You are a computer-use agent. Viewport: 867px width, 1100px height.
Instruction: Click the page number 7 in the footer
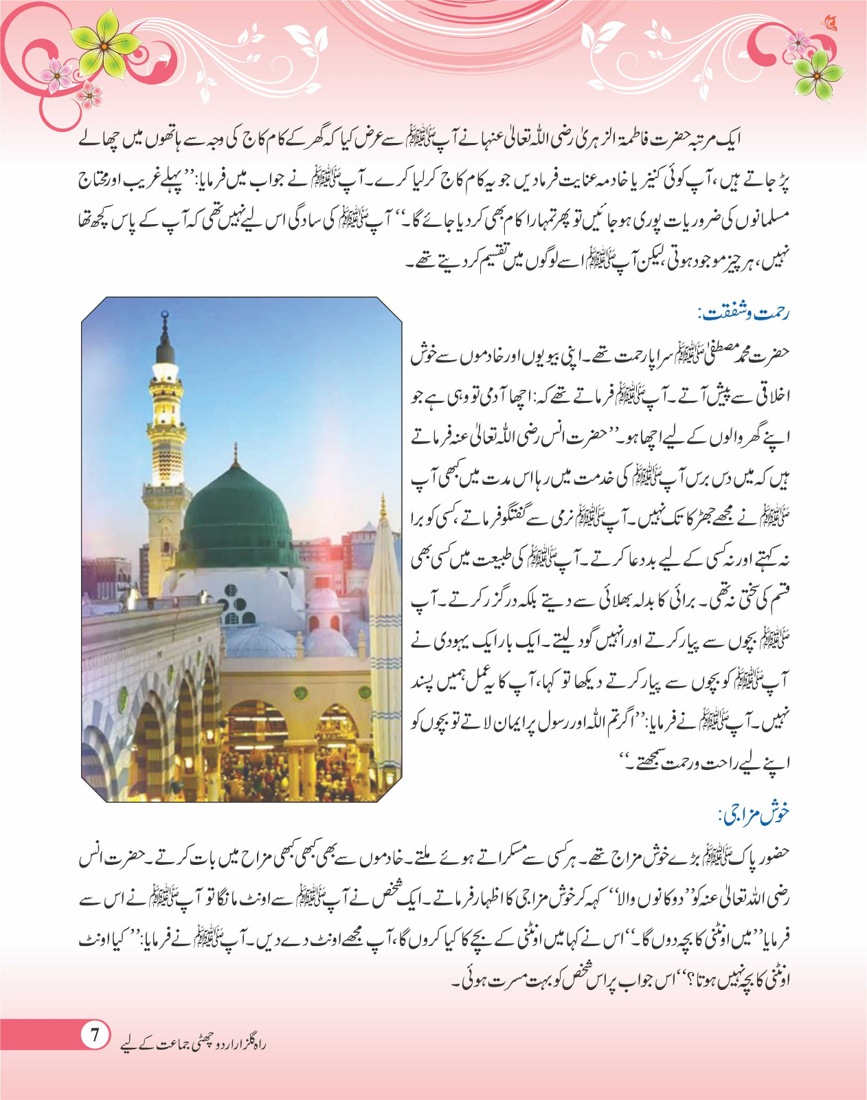click(x=95, y=1035)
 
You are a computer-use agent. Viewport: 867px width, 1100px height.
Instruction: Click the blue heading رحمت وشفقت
click(x=744, y=314)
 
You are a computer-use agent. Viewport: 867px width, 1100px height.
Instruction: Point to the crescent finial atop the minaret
click(x=164, y=317)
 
